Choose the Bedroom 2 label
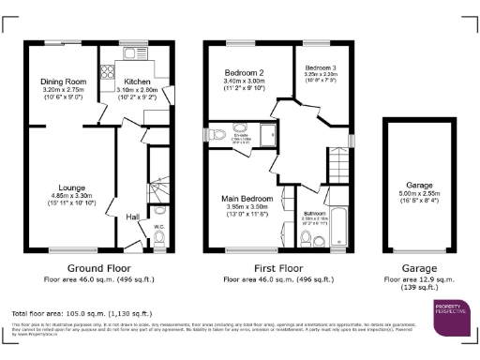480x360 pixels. coord(241,72)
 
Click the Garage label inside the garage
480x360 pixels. coord(417,185)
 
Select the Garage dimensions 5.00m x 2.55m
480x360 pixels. coord(417,194)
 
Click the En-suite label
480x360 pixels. coord(240,135)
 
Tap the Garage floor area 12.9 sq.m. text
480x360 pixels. coord(417,279)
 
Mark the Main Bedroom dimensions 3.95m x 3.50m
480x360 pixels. coord(242,206)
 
